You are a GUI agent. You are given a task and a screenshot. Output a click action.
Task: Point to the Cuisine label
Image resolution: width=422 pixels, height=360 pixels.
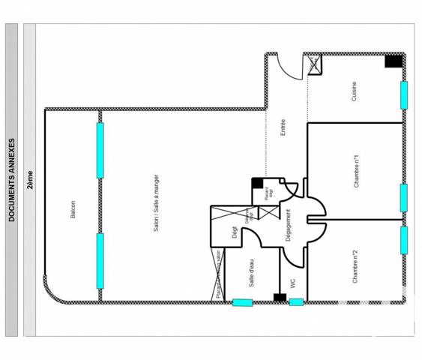pyautogui.click(x=353, y=91)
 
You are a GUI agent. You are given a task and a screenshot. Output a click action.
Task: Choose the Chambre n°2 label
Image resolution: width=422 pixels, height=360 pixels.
pyautogui.click(x=354, y=265)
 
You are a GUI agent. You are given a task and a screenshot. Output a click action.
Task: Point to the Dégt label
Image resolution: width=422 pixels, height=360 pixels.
pyautogui.click(x=235, y=233)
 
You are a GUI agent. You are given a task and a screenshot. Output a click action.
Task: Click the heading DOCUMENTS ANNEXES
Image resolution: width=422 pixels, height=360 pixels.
pyautogui.click(x=11, y=179)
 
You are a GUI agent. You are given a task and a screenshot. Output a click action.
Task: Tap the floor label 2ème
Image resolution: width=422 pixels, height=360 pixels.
pyautogui.click(x=30, y=179)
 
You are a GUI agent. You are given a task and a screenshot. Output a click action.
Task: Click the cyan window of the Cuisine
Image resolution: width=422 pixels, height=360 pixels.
pyautogui.click(x=404, y=94)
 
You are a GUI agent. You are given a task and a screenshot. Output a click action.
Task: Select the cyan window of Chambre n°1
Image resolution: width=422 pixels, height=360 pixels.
pyautogui.click(x=404, y=197)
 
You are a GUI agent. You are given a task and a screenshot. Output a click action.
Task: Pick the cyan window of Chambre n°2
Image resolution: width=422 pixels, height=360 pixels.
pyautogui.click(x=404, y=240)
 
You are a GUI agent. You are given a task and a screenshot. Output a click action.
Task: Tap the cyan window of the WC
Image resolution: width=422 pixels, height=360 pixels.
pyautogui.click(x=296, y=302)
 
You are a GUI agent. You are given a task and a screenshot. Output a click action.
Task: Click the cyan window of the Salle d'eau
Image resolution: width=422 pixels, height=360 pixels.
pyautogui.click(x=242, y=302)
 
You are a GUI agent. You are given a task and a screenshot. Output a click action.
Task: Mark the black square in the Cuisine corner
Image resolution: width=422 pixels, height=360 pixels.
pyautogui.click(x=393, y=61)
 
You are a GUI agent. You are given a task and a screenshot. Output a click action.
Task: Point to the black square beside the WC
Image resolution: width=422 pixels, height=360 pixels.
pyautogui.click(x=279, y=298)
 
